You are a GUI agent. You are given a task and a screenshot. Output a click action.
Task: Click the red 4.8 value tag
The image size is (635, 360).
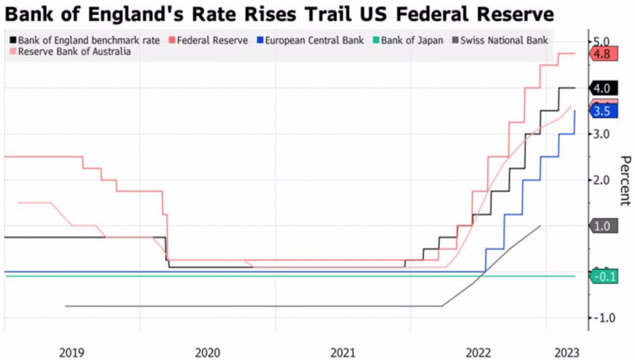[603, 54]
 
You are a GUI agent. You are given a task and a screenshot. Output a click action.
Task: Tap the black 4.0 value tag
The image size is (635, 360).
[603, 88]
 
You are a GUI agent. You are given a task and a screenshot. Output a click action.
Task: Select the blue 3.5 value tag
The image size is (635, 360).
[603, 112]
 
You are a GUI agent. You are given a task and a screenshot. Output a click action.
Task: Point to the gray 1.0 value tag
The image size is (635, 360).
[603, 226]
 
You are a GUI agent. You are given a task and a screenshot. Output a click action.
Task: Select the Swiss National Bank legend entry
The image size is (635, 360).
[503, 40]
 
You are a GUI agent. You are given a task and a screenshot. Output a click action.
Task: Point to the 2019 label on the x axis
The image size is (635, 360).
[72, 352]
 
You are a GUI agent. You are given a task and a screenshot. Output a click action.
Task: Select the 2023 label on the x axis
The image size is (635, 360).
[567, 352]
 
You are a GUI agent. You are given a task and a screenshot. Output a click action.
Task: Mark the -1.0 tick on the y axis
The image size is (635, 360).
[603, 318]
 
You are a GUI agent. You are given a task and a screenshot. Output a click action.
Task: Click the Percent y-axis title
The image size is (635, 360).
[624, 180]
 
